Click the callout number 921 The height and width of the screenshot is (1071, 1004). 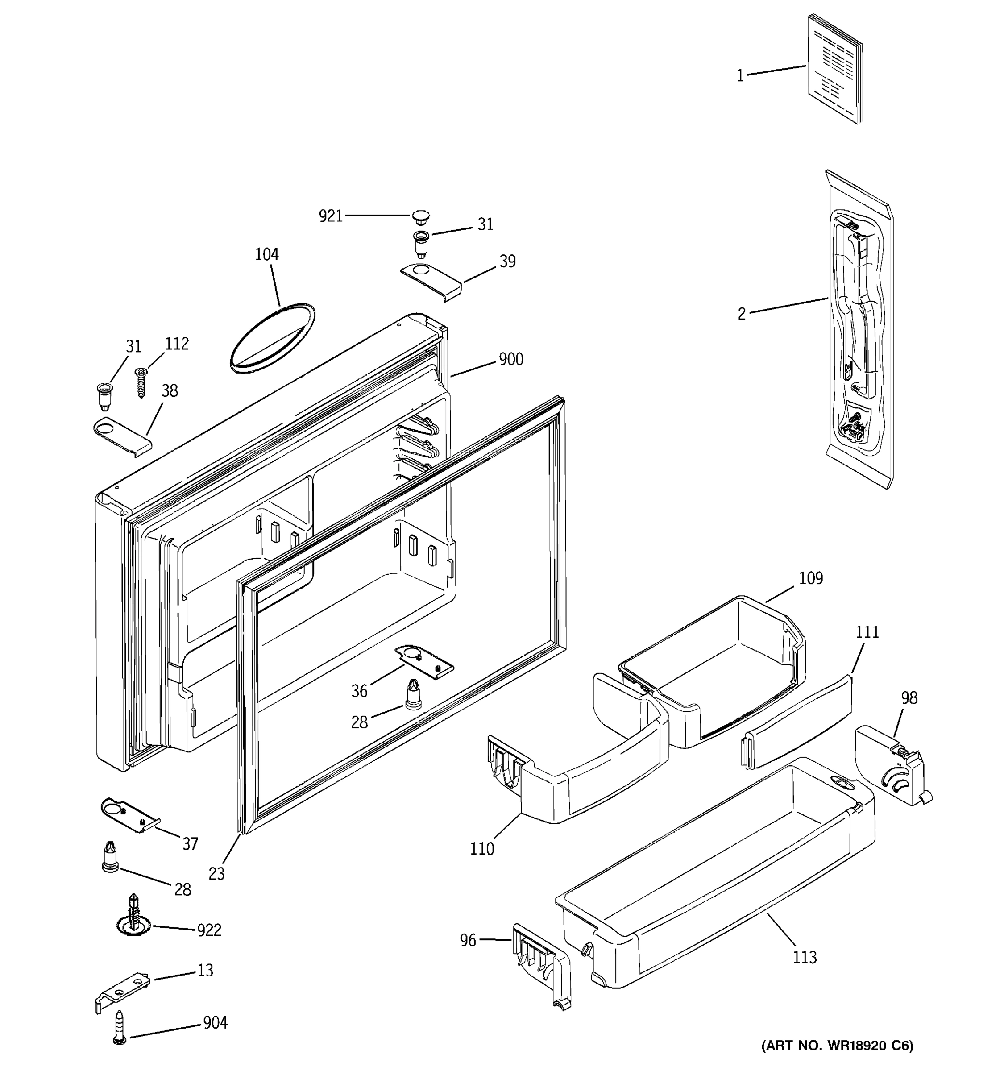(x=331, y=216)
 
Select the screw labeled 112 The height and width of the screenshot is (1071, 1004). (x=141, y=382)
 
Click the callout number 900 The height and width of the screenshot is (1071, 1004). (x=510, y=359)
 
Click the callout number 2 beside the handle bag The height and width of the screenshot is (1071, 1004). (x=742, y=314)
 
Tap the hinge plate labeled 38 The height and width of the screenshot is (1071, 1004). (x=122, y=435)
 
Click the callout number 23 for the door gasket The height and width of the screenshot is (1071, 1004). (x=216, y=874)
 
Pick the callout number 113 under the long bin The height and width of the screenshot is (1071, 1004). (x=805, y=957)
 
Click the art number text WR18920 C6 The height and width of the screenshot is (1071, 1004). (x=837, y=1046)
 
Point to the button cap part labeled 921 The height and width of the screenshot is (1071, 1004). (x=421, y=218)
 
